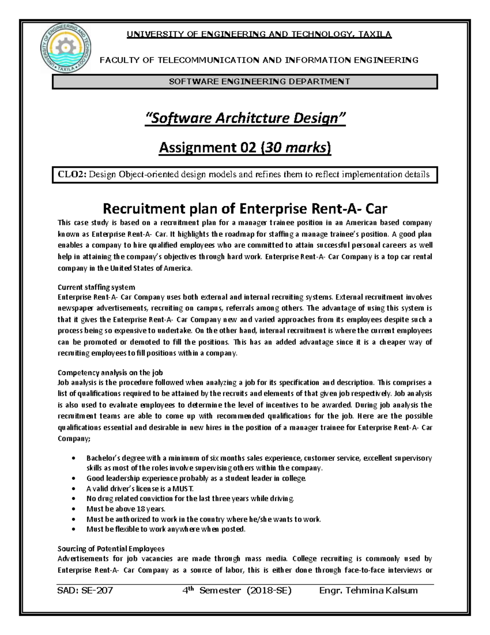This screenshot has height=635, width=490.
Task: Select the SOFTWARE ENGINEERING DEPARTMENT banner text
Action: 259,81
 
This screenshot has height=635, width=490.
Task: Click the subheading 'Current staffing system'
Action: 96,287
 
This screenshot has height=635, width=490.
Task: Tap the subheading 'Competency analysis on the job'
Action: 110,372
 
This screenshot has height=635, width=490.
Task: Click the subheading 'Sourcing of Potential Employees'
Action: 111,549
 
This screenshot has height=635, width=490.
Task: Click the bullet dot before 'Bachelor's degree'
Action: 73,458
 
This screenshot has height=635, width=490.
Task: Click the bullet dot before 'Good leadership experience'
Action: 73,478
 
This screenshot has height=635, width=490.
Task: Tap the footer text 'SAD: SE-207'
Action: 85,590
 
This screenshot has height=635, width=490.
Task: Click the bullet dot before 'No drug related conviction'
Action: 73,499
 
